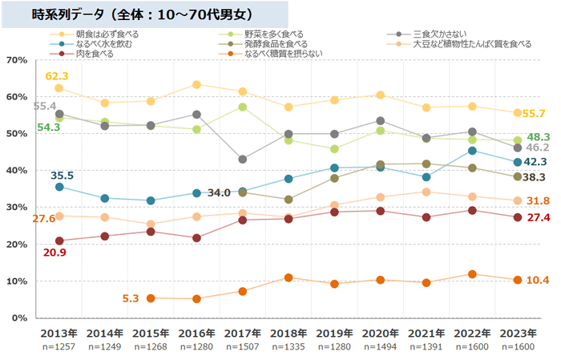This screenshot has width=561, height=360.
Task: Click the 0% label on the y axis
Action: [19, 318]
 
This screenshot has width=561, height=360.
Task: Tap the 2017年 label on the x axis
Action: [243, 333]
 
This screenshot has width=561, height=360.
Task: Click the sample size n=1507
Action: [243, 346]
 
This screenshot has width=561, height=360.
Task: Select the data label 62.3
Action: [56, 75]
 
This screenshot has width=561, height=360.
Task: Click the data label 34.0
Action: [219, 192]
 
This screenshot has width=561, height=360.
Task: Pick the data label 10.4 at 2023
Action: [536, 280]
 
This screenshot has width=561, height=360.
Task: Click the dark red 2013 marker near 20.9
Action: [59, 241]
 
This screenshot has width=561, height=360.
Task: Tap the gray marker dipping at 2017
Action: [243, 160]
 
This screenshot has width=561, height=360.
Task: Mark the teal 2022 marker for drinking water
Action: [473, 151]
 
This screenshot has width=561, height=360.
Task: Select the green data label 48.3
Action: [536, 137]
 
